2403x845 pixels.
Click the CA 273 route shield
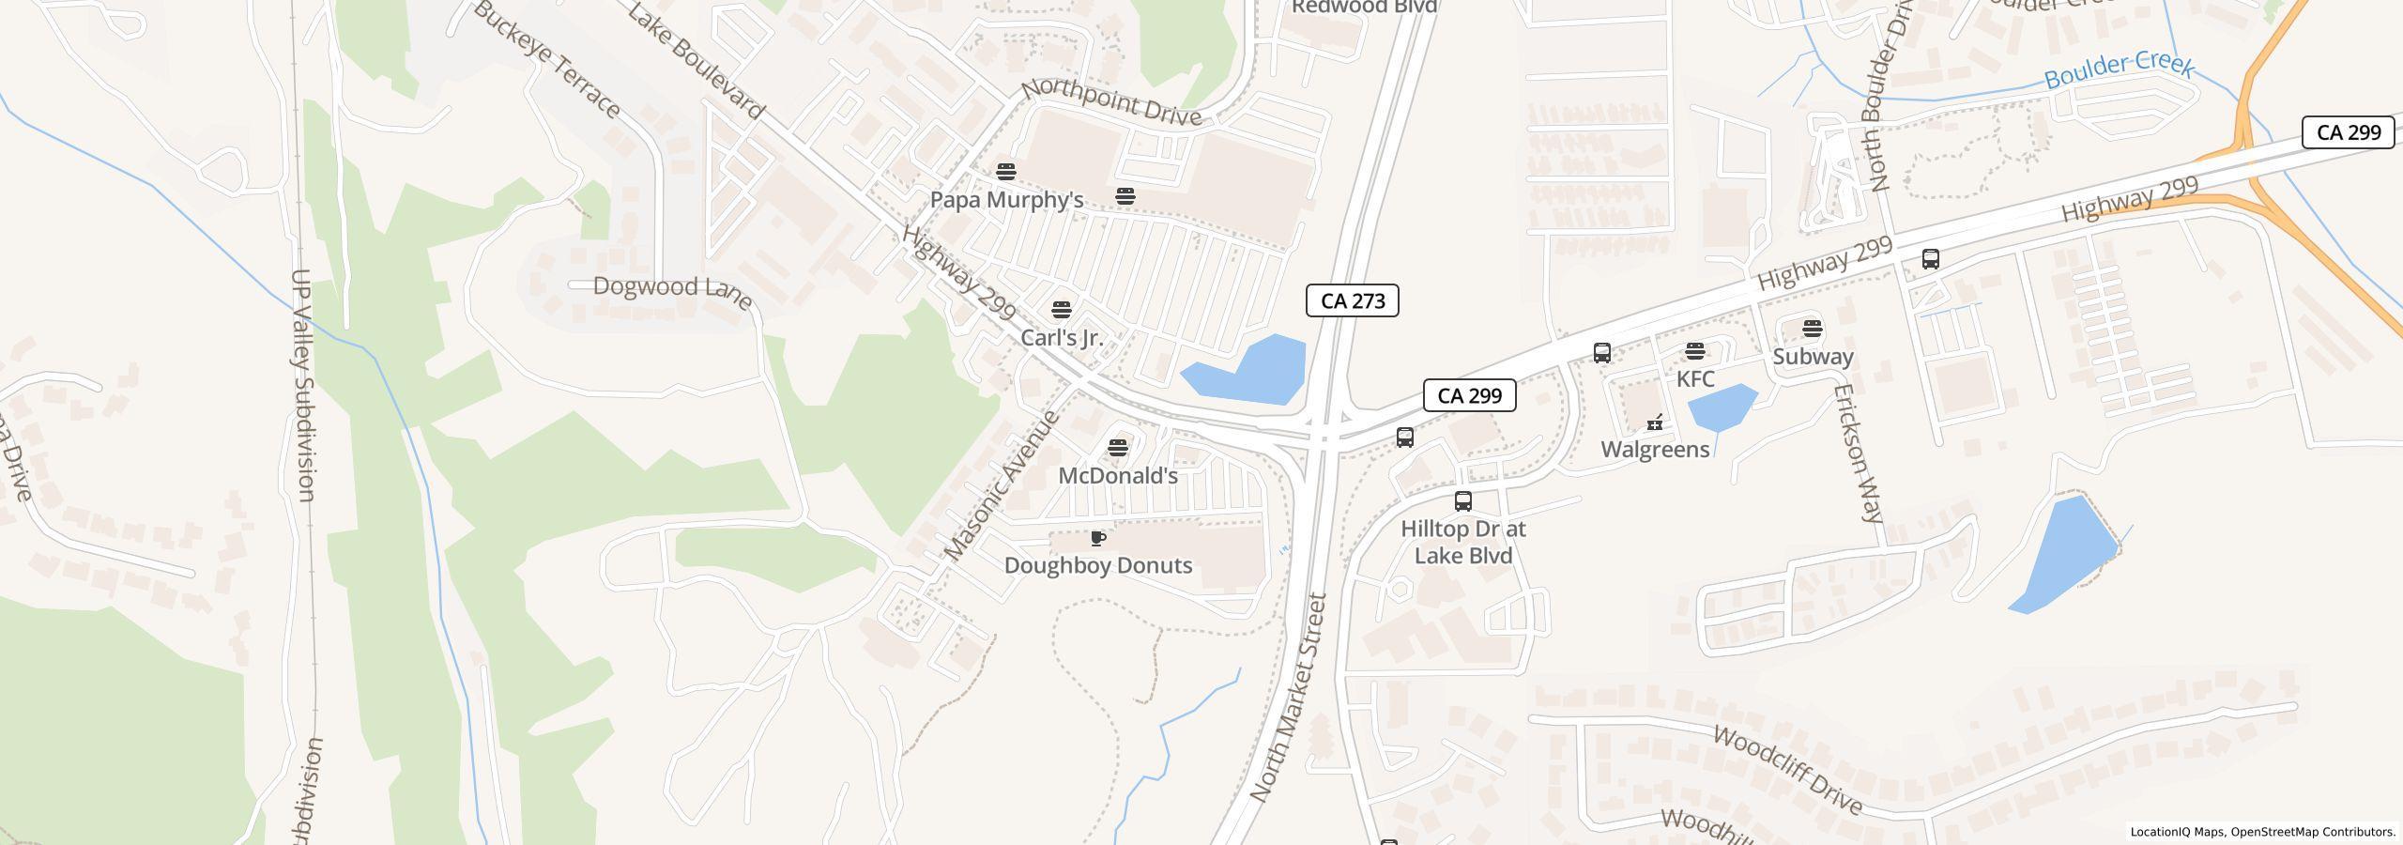pyautogui.click(x=1352, y=300)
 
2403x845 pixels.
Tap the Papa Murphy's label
pyautogui.click(x=1006, y=200)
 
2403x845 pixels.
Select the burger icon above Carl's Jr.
pyautogui.click(x=1062, y=310)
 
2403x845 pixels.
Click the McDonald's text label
pyautogui.click(x=1117, y=476)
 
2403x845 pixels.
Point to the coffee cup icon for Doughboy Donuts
pyautogui.click(x=1097, y=539)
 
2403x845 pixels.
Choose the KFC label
pyautogui.click(x=1695, y=379)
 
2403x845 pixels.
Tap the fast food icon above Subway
pyautogui.click(x=1813, y=329)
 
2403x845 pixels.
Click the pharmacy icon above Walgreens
pyautogui.click(x=1655, y=423)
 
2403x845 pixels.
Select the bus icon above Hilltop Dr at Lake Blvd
pyautogui.click(x=1462, y=501)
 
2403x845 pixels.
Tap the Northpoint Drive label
pyautogui.click(x=1111, y=102)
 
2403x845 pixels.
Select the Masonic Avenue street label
pyautogui.click(x=1003, y=486)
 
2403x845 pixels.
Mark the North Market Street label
pyautogui.click(x=1289, y=698)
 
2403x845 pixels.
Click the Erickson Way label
pyautogui.click(x=1859, y=453)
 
